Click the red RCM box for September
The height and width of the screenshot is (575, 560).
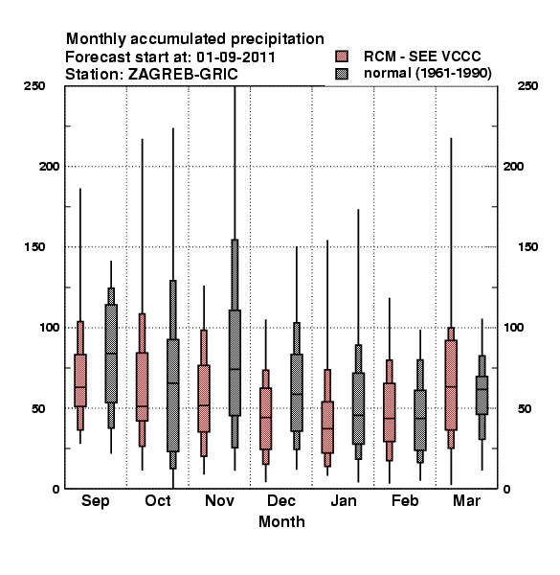80,380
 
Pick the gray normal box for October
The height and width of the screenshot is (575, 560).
173,395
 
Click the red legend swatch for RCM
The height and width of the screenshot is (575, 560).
342,57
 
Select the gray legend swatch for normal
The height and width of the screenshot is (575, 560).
342,74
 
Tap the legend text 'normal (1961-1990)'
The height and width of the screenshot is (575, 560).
427,74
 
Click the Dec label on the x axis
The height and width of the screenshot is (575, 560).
280,500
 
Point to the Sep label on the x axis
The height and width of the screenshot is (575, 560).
95,501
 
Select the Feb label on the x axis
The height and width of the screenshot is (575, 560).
405,500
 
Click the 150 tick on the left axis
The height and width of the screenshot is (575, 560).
34,247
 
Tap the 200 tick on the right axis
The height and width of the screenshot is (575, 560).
513,166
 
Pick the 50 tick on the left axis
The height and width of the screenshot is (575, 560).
38,408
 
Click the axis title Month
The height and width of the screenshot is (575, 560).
281,521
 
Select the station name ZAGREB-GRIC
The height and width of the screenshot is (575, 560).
183,74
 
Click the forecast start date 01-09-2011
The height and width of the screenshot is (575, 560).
235,57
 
